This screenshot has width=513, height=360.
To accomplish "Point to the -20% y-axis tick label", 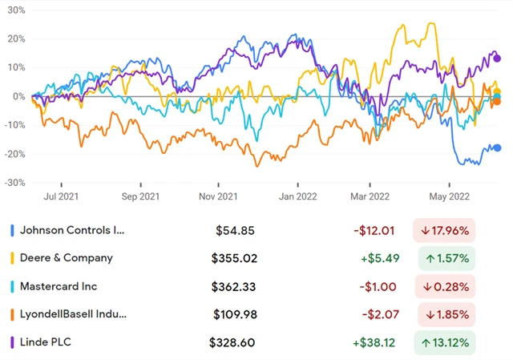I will point(14,154).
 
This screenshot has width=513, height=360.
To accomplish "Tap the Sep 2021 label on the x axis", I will point(139,195).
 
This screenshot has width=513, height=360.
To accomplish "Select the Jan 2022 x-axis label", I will point(296,195).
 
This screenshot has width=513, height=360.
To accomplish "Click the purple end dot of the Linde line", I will point(497,58).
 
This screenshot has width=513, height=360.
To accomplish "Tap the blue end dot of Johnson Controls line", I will point(497,148).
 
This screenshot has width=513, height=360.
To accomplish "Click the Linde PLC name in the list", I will point(55,342).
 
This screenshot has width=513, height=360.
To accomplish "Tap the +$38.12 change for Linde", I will point(374,342).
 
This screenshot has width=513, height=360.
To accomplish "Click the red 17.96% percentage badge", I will point(444,230).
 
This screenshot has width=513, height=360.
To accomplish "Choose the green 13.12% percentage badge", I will point(444,342).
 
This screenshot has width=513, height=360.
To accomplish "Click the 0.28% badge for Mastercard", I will point(444,286).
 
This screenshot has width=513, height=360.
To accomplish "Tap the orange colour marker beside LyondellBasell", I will point(12,314).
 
